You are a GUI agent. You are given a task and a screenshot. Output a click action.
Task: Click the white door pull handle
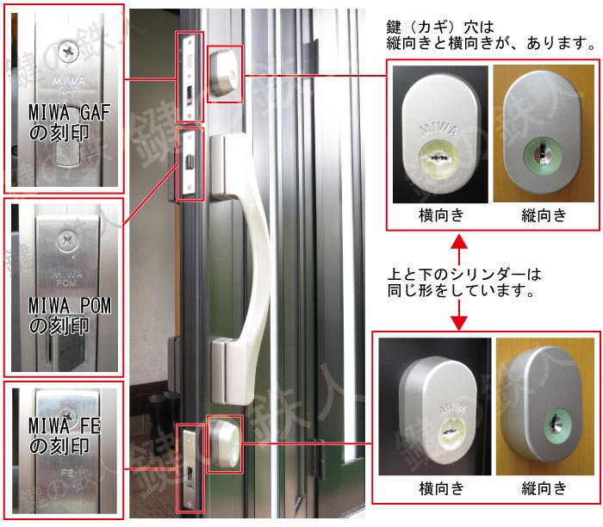point(246,269)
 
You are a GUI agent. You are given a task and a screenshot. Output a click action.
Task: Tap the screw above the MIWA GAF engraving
point(68,52)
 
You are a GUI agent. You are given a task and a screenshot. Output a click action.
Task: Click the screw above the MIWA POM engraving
point(67,240)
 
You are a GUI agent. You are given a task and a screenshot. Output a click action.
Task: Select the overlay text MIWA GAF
point(69,113)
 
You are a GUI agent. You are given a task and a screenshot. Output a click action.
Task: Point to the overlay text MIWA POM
point(70,306)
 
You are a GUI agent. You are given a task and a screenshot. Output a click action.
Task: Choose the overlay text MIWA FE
point(65,426)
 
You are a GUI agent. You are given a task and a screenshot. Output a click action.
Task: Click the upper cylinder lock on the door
point(225,74)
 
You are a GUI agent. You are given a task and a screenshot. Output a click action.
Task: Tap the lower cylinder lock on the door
point(225,444)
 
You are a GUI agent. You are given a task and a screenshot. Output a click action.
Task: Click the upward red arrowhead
point(459,244)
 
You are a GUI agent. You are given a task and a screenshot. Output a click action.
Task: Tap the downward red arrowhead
point(459,323)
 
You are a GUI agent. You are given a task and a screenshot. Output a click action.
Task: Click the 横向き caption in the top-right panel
point(441,215)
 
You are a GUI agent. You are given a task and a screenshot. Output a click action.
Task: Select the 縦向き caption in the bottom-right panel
point(544,488)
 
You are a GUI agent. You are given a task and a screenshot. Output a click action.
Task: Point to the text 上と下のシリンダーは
point(464,274)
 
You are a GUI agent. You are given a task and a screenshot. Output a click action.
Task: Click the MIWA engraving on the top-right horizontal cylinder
point(438,130)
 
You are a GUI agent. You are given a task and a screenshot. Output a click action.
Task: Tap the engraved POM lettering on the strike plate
point(65,283)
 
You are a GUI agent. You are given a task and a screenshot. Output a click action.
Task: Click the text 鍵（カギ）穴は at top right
point(440,28)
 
